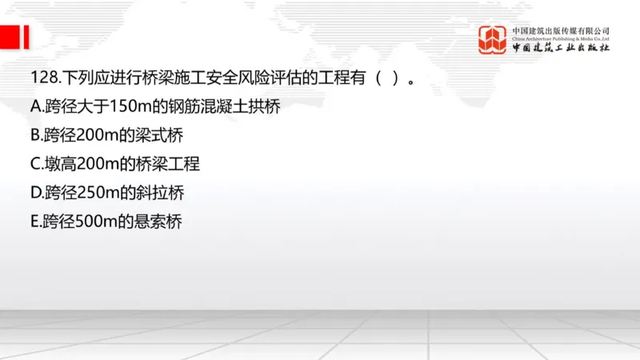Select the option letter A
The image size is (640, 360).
click(34, 107)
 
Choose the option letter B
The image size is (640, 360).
click(34, 136)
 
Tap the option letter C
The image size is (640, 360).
click(34, 165)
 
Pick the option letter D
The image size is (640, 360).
click(34, 193)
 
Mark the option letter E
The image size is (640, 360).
click(34, 222)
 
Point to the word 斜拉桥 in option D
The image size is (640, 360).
click(160, 193)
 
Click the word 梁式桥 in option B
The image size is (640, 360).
click(159, 136)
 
